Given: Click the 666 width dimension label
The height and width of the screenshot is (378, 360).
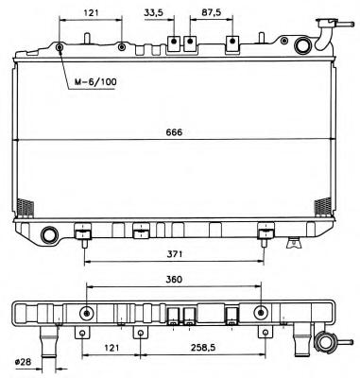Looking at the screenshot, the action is click(x=174, y=132).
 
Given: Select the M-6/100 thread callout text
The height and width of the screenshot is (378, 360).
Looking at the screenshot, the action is click(x=95, y=82).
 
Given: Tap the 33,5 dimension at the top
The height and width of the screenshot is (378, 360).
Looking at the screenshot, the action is click(x=154, y=12).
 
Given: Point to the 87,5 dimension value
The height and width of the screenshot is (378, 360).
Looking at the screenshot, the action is click(x=212, y=12).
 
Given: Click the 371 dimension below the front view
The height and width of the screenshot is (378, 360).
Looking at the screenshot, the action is click(x=174, y=254).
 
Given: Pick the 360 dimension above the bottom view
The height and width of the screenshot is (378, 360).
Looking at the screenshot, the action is click(x=174, y=280).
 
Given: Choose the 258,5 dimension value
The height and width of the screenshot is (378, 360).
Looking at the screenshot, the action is click(x=203, y=348).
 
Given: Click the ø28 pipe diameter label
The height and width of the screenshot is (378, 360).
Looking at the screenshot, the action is click(x=24, y=362).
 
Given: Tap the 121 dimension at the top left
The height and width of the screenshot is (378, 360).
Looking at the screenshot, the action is click(x=91, y=12).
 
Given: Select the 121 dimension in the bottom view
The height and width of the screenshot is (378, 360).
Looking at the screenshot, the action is click(x=111, y=348).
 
